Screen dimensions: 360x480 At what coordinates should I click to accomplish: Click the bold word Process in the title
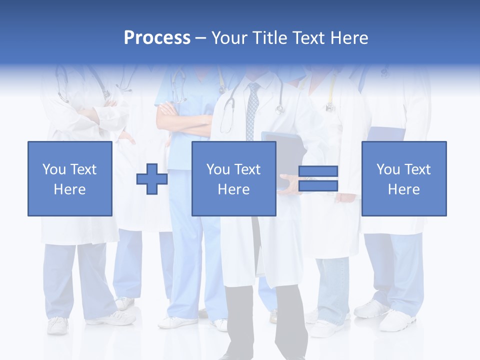[x=157, y=38]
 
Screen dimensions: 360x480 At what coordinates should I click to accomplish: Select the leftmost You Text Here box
[x=70, y=178]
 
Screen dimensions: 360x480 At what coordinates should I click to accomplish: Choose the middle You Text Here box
[x=233, y=178]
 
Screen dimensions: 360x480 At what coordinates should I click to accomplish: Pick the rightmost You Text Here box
[x=403, y=178]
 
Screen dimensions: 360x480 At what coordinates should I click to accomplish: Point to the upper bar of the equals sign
[x=318, y=171]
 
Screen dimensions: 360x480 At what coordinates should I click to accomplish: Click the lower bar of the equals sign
[x=318, y=186]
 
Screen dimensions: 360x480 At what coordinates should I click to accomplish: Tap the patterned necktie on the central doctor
[x=252, y=110]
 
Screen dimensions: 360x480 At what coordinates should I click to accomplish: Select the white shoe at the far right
[x=397, y=320]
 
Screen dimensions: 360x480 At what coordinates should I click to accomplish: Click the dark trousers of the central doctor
[x=265, y=320]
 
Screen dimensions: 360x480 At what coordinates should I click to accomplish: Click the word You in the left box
[x=53, y=169]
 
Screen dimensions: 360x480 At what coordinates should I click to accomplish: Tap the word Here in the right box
[x=403, y=189]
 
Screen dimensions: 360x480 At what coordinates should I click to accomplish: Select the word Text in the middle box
[x=247, y=169]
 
